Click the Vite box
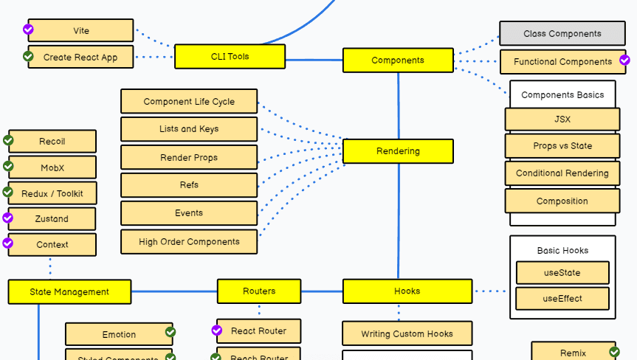[81, 31]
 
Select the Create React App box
[81, 57]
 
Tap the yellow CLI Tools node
[230, 56]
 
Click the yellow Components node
[398, 60]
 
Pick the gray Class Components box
[562, 33]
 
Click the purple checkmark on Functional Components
[624, 60]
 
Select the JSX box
[562, 119]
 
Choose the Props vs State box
[562, 145]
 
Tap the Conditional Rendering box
[562, 173]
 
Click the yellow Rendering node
[398, 151]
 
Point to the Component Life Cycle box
[189, 102]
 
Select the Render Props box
[189, 157]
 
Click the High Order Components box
[189, 241]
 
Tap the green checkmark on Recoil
[9, 139]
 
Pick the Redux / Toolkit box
[52, 193]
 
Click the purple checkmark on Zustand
[8, 218]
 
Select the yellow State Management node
[69, 291]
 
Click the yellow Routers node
[259, 291]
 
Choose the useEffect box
[562, 299]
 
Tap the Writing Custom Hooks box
[407, 333]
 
